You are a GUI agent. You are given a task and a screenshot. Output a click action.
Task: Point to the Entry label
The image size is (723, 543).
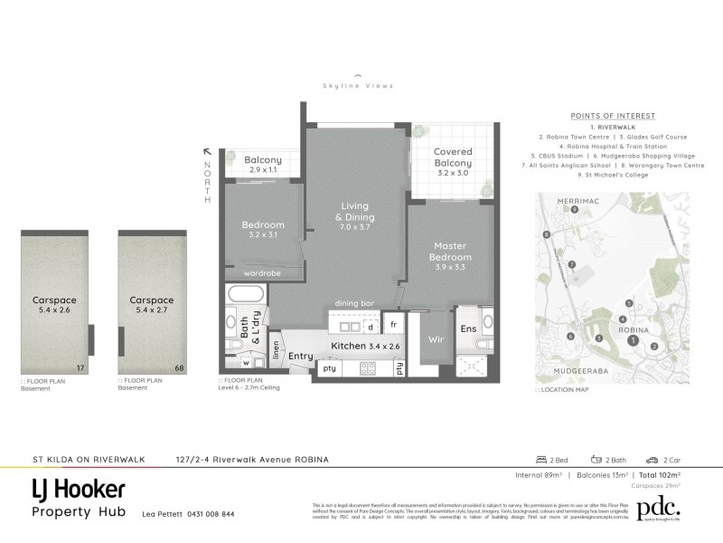click(x=300, y=357)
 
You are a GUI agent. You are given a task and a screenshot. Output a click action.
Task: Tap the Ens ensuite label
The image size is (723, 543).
click(x=467, y=329)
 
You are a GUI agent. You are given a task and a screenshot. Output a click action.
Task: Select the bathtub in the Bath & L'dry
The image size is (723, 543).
click(x=243, y=294)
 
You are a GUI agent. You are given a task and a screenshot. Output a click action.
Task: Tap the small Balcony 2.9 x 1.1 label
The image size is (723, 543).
click(x=263, y=165)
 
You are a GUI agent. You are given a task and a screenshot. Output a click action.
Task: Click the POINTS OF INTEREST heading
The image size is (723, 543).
click(x=613, y=116)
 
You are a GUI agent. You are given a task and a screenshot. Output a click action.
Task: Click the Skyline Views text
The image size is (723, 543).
click(x=358, y=86)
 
